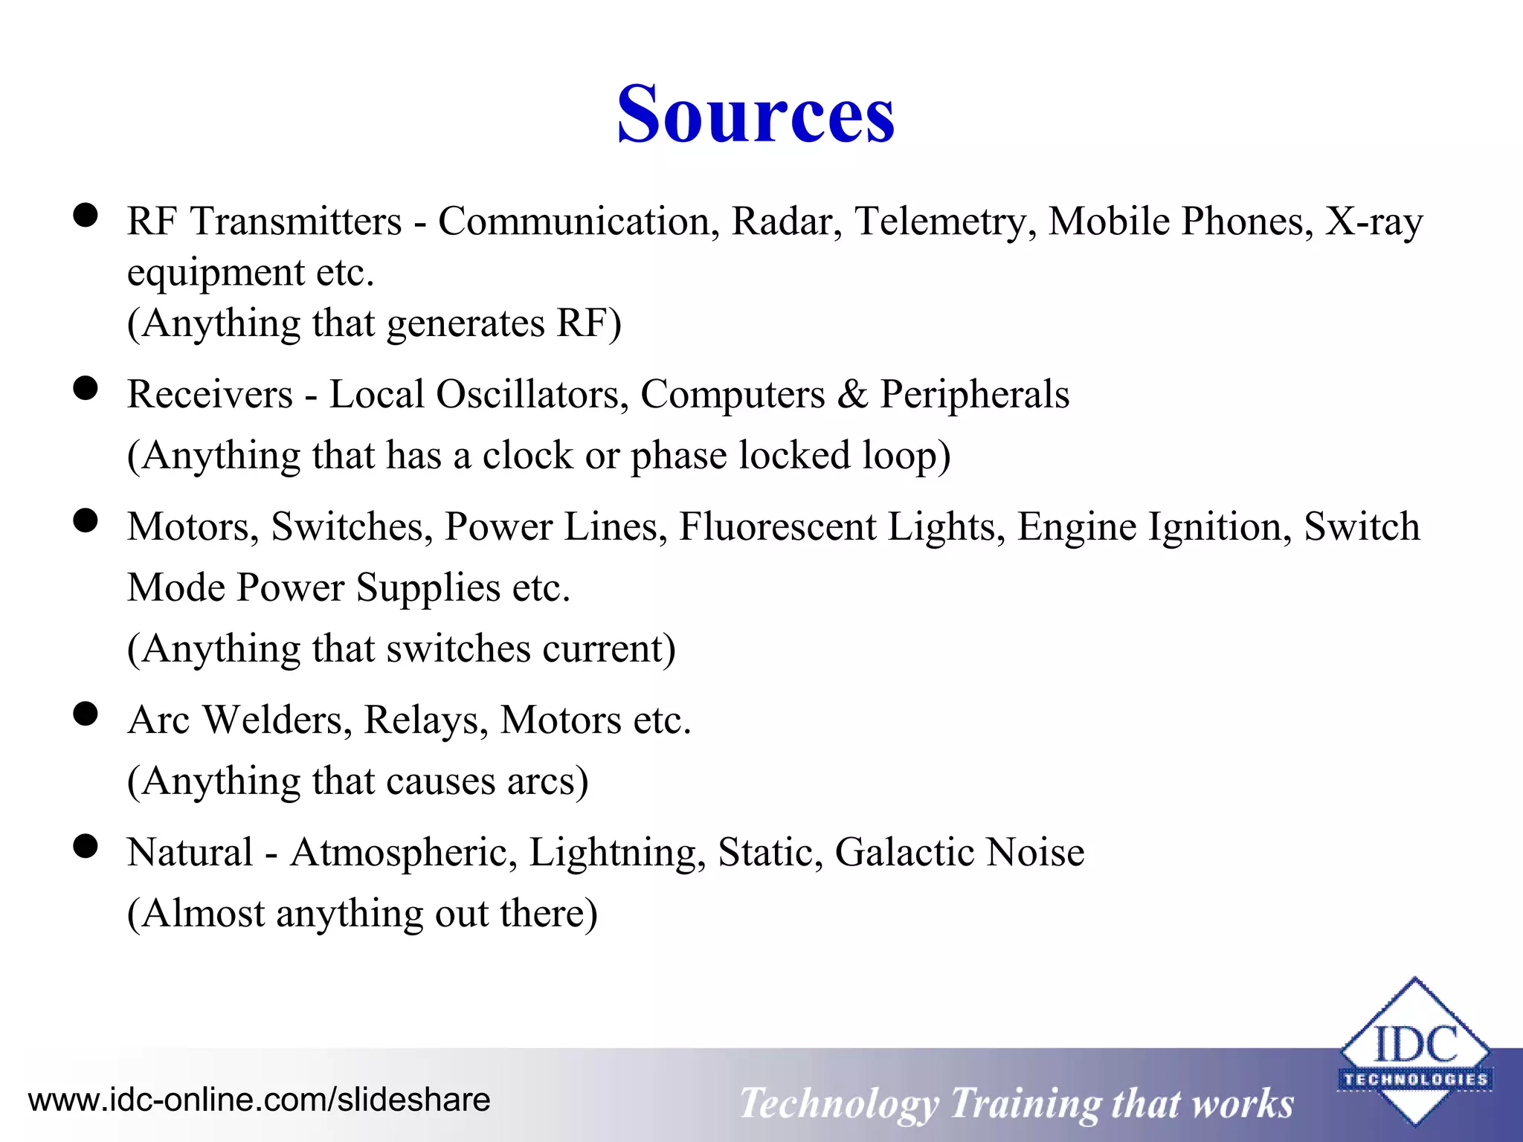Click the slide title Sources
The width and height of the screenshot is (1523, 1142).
click(756, 114)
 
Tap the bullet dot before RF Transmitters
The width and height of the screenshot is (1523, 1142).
click(86, 215)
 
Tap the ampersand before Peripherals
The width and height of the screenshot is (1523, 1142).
click(852, 394)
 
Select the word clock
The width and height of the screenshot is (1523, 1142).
click(527, 455)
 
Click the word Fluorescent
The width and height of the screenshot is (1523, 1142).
click(777, 526)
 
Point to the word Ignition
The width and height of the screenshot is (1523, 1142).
click(1220, 526)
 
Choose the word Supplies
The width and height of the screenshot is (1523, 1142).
click(428, 587)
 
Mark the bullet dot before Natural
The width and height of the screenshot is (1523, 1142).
click(86, 845)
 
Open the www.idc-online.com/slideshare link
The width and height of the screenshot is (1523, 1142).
click(259, 1100)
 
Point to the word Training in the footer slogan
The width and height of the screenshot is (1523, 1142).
click(1025, 1103)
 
